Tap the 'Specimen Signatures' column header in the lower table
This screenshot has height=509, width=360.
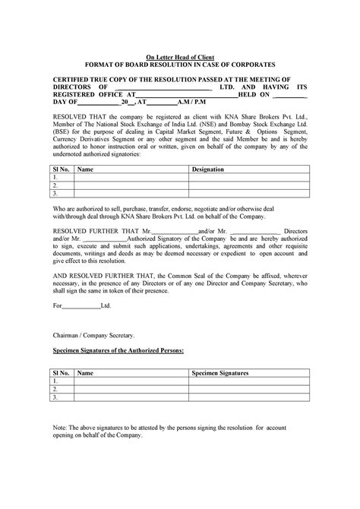pos(219,373)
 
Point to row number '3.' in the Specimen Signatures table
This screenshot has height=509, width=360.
pos(55,397)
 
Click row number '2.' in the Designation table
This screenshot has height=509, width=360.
pos(55,184)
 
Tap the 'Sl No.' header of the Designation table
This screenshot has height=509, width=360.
pos(60,169)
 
